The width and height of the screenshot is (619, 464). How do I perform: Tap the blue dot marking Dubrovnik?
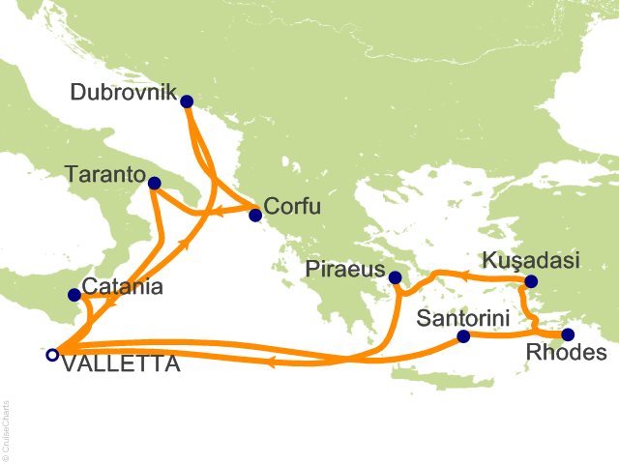187,101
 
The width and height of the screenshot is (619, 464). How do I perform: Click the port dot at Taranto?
154,182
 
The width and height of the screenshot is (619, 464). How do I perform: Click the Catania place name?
122,287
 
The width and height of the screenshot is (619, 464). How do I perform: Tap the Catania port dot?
74,295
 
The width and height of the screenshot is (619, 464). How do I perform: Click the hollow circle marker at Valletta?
51,355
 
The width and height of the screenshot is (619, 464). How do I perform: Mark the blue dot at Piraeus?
395,278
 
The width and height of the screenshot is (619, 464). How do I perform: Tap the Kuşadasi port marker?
530,282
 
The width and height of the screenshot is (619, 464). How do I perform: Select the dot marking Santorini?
462,336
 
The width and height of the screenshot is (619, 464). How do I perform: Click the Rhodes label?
575,354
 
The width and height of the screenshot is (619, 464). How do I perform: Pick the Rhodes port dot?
567,334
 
